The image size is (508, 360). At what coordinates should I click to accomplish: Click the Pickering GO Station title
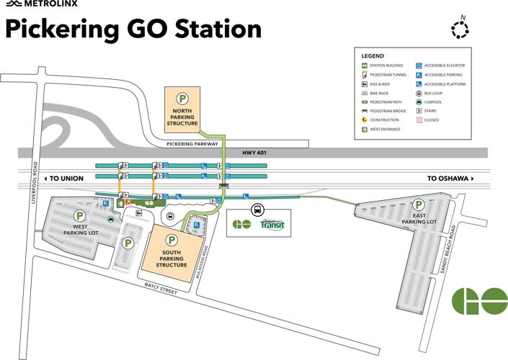coord(133,30)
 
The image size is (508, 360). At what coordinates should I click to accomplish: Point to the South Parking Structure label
coord(171,258)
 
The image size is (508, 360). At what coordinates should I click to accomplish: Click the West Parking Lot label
coord(80,230)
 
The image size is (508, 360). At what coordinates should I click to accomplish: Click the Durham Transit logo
coord(272,225)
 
